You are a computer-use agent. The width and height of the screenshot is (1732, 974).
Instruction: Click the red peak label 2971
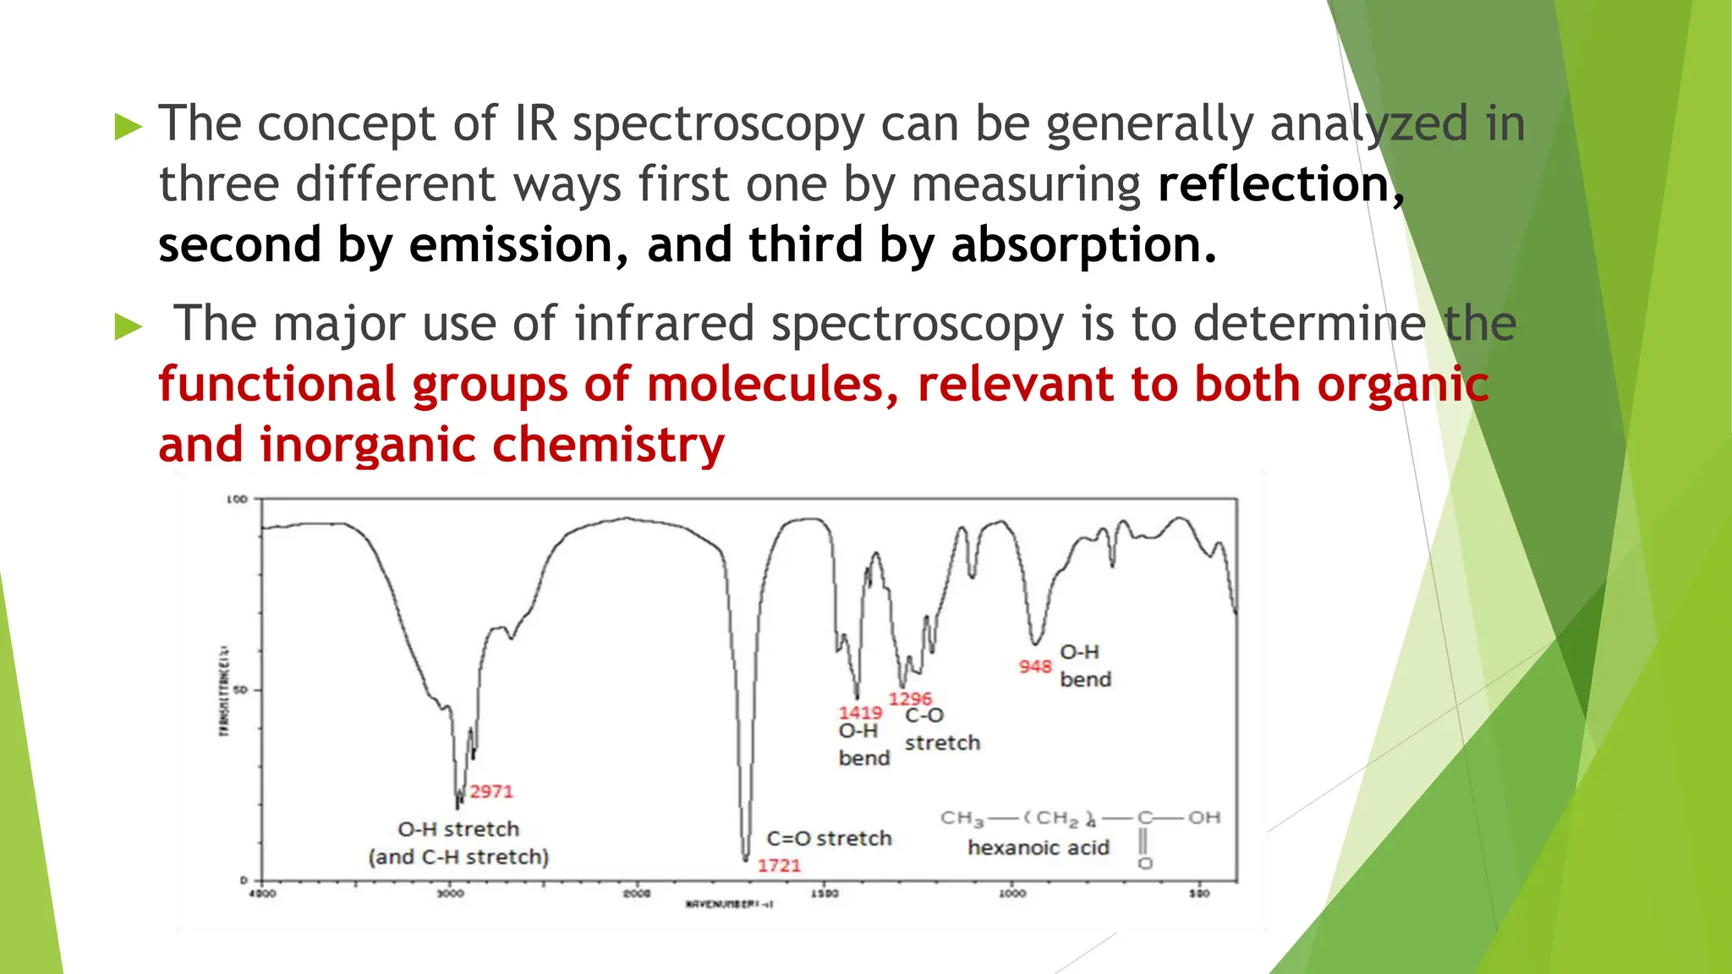pyautogui.click(x=491, y=791)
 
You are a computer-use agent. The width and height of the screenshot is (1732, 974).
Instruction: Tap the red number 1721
pyautogui.click(x=779, y=865)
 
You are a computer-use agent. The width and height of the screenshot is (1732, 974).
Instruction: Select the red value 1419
pyautogui.click(x=860, y=713)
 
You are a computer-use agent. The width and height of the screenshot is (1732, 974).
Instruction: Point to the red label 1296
pyautogui.click(x=910, y=698)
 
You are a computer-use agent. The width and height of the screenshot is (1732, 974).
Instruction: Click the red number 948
pyautogui.click(x=1035, y=666)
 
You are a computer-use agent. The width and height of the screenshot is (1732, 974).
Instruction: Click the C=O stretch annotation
pyautogui.click(x=829, y=838)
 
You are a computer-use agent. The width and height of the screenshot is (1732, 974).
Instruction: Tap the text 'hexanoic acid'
pyautogui.click(x=1038, y=847)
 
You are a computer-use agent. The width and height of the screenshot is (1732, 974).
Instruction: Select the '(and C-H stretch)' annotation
pyautogui.click(x=458, y=856)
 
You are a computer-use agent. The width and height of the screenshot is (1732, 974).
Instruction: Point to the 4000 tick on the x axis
pyautogui.click(x=262, y=893)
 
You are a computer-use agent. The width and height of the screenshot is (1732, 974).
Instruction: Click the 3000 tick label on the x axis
pyautogui.click(x=450, y=893)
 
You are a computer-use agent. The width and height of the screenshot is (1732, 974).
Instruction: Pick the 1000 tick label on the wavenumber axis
pyautogui.click(x=1012, y=893)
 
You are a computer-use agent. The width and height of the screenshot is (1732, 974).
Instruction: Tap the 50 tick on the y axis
pyautogui.click(x=240, y=690)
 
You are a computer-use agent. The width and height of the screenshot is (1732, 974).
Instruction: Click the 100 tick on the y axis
pyautogui.click(x=237, y=499)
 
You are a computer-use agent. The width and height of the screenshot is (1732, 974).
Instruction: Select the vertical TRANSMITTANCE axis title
pyautogui.click(x=224, y=690)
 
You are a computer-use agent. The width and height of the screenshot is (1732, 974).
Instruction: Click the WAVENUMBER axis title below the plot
pyautogui.click(x=729, y=904)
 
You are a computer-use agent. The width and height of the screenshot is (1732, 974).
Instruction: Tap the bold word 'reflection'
pyautogui.click(x=1274, y=184)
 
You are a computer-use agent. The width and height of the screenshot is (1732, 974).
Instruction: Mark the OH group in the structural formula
pyautogui.click(x=1203, y=818)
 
